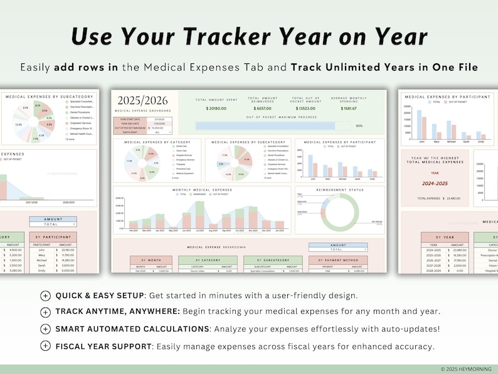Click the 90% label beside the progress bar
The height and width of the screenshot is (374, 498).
tap(359, 126)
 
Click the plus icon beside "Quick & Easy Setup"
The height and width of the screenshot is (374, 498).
tap(45, 296)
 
